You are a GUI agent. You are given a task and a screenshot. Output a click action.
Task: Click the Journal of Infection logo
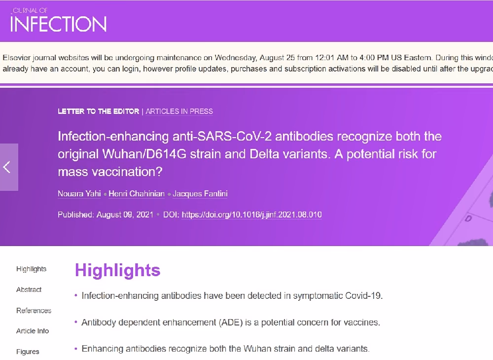[x=58, y=20]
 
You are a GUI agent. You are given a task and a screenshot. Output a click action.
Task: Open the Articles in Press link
[x=179, y=111]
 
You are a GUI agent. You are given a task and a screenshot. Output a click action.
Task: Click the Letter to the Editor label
[x=99, y=111]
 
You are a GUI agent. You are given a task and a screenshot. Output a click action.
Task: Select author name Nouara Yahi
[x=79, y=194]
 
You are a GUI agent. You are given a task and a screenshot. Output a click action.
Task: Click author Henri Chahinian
[x=137, y=194]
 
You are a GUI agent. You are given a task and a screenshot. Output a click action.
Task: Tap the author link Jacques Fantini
[x=200, y=194]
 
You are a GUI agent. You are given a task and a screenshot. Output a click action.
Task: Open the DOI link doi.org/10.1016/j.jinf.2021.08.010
[x=251, y=215]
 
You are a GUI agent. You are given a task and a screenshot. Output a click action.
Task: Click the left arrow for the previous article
[x=7, y=167]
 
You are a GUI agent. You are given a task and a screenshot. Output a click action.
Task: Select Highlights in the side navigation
[x=31, y=269]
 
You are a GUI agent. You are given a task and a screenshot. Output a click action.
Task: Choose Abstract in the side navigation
[x=29, y=289]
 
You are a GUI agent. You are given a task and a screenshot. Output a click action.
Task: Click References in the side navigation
[x=34, y=311]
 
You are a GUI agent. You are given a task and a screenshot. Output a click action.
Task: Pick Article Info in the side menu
[x=33, y=331]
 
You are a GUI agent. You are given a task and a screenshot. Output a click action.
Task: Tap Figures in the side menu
[x=28, y=352]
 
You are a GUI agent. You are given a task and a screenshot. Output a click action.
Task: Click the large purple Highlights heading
[x=118, y=270]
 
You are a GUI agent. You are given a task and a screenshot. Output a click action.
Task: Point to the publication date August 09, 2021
[x=125, y=215]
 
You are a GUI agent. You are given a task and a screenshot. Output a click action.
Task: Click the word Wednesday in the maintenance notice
[x=236, y=58]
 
